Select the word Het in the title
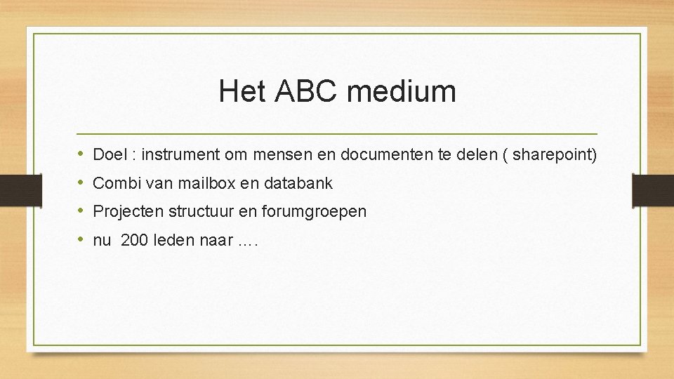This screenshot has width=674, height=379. pos(242,91)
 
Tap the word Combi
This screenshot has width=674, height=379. pos(115,183)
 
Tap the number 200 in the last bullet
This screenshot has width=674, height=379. pos(134,241)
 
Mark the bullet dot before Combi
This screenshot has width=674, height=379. pos(81,183)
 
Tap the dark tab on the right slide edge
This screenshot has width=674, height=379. pos(653,189)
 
